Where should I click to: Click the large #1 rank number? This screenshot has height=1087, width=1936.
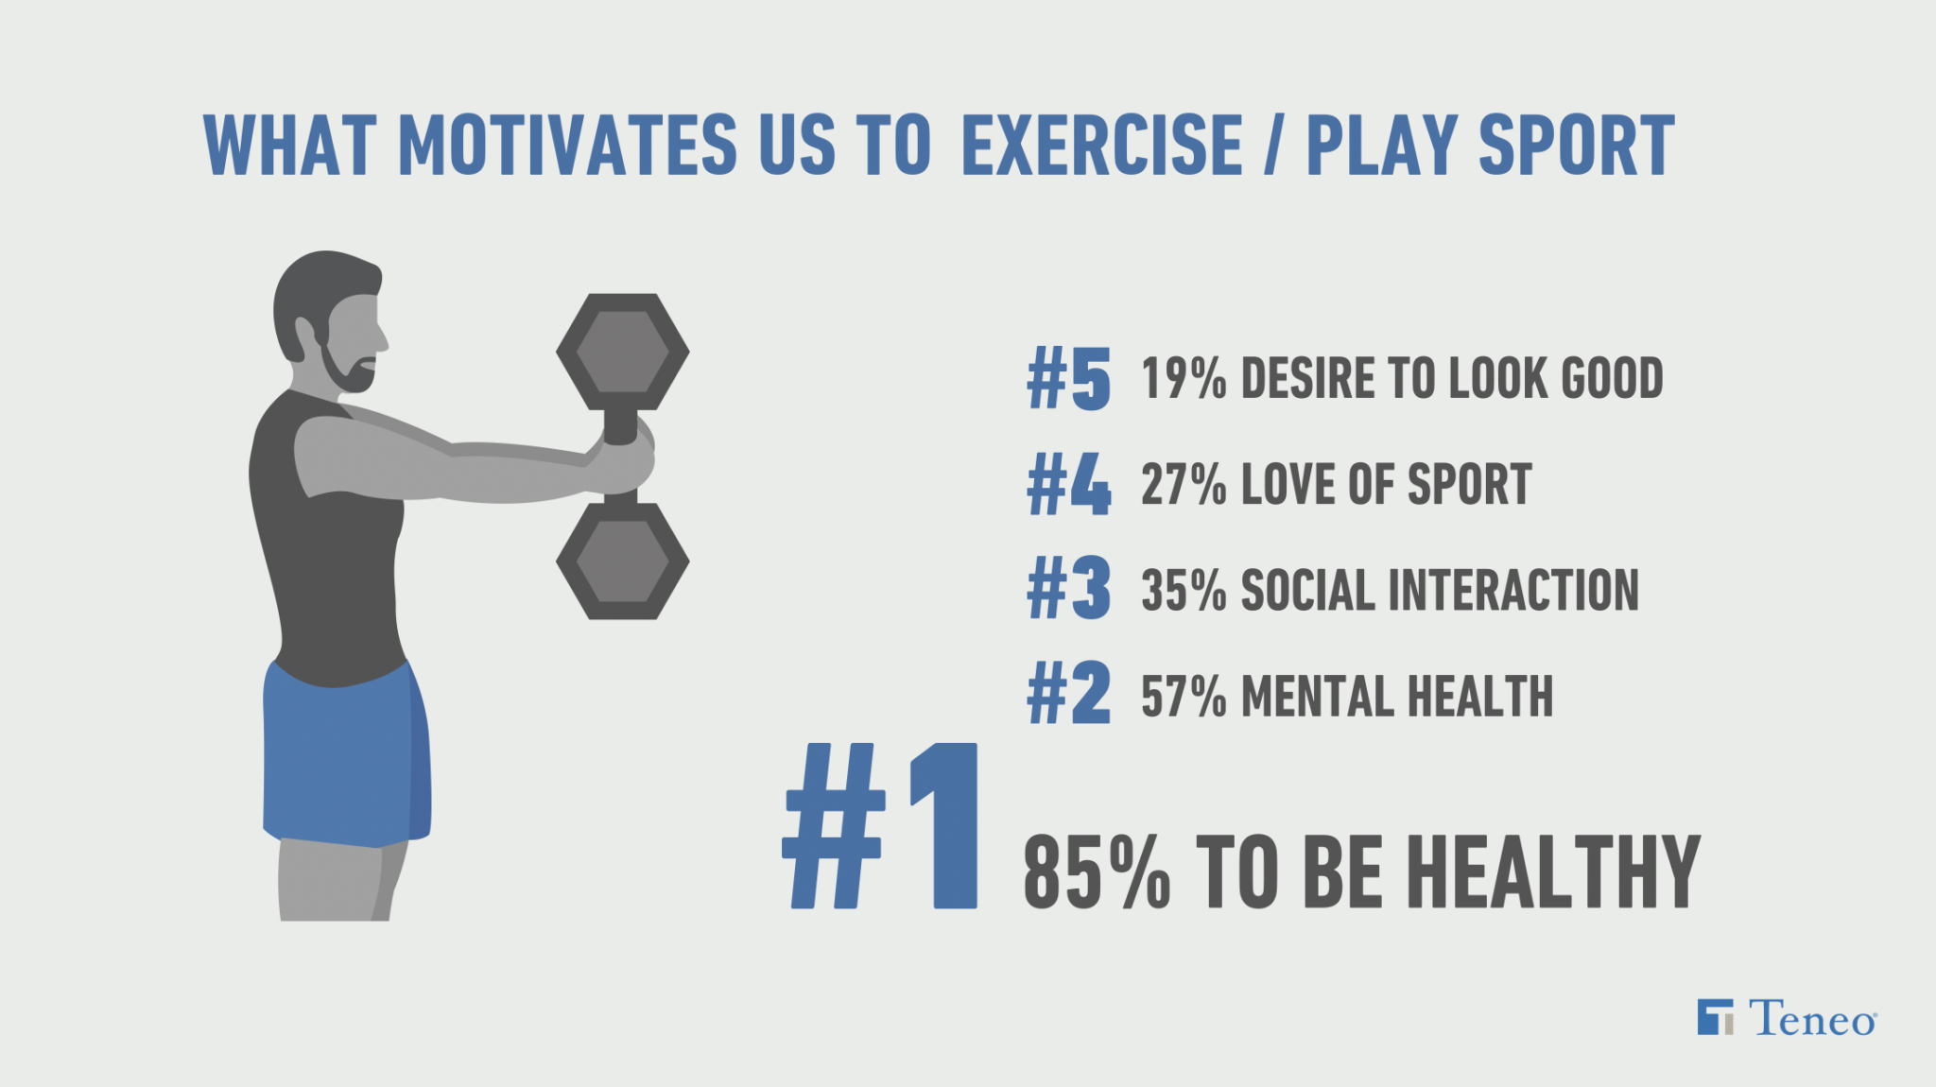[x=881, y=825]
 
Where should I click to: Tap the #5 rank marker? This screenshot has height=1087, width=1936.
[x=1069, y=377]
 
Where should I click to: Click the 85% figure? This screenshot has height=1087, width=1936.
[x=1098, y=871]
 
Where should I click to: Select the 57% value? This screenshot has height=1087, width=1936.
[x=1184, y=697]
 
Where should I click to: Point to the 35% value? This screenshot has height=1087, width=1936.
[x=1184, y=591]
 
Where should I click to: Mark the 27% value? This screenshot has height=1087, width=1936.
[x=1184, y=485]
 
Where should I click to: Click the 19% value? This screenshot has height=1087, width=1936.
[x=1184, y=379]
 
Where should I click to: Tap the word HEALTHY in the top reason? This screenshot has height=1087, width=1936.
[x=1555, y=871]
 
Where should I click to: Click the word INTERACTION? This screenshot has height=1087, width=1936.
[x=1513, y=591]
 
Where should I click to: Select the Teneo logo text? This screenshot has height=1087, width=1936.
[x=1812, y=1018]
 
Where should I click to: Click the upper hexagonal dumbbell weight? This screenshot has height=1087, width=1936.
[x=622, y=352]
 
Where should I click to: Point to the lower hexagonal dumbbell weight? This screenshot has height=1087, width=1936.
[x=622, y=561]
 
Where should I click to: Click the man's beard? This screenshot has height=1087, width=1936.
[x=346, y=367]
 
